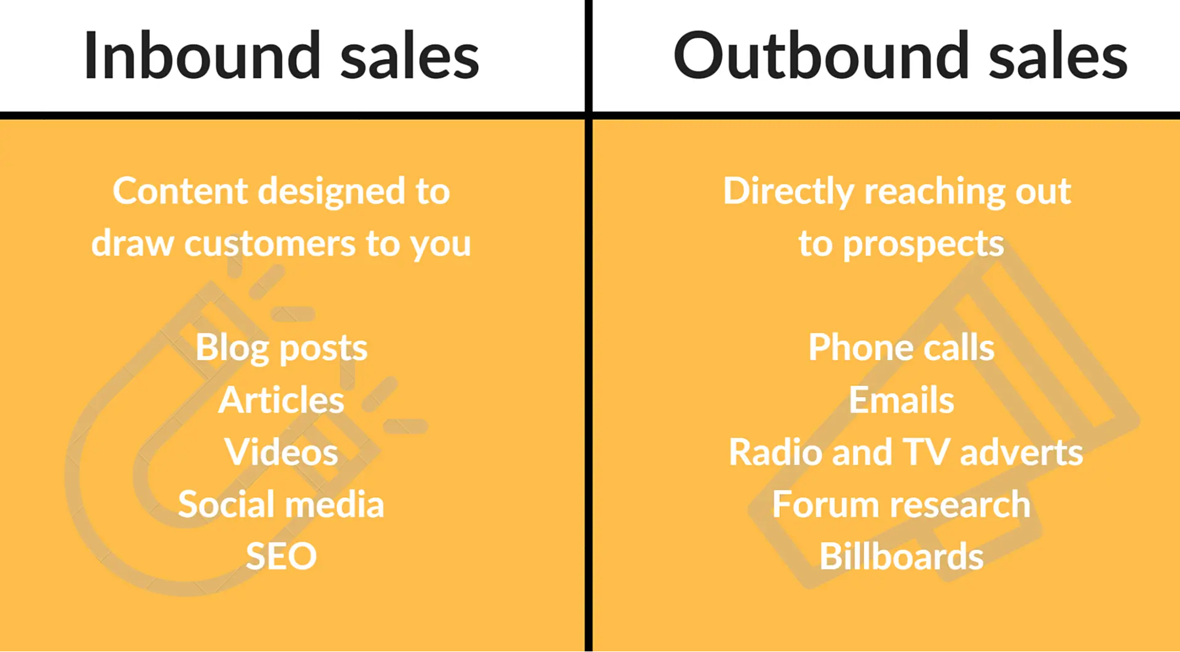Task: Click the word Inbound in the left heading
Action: pyautogui.click(x=202, y=56)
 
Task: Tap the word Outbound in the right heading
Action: pyautogui.click(x=821, y=56)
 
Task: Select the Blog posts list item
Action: pyautogui.click(x=281, y=348)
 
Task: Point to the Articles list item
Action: pyautogui.click(x=281, y=400)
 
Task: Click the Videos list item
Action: pyautogui.click(x=281, y=452)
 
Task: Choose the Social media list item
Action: pyautogui.click(x=281, y=505)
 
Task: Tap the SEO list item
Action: pyautogui.click(x=281, y=557)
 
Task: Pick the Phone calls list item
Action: pyautogui.click(x=901, y=348)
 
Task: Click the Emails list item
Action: pyautogui.click(x=901, y=400)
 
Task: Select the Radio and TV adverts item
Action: pyautogui.click(x=905, y=452)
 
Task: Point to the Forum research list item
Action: pyautogui.click(x=901, y=505)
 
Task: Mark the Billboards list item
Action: pyautogui.click(x=901, y=557)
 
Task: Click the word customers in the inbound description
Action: pyautogui.click(x=270, y=244)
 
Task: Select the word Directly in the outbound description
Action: pyautogui.click(x=788, y=192)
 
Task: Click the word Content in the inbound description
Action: pyautogui.click(x=180, y=191)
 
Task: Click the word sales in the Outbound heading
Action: pyautogui.click(x=1058, y=56)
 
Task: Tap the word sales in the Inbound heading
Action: pyautogui.click(x=409, y=56)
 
